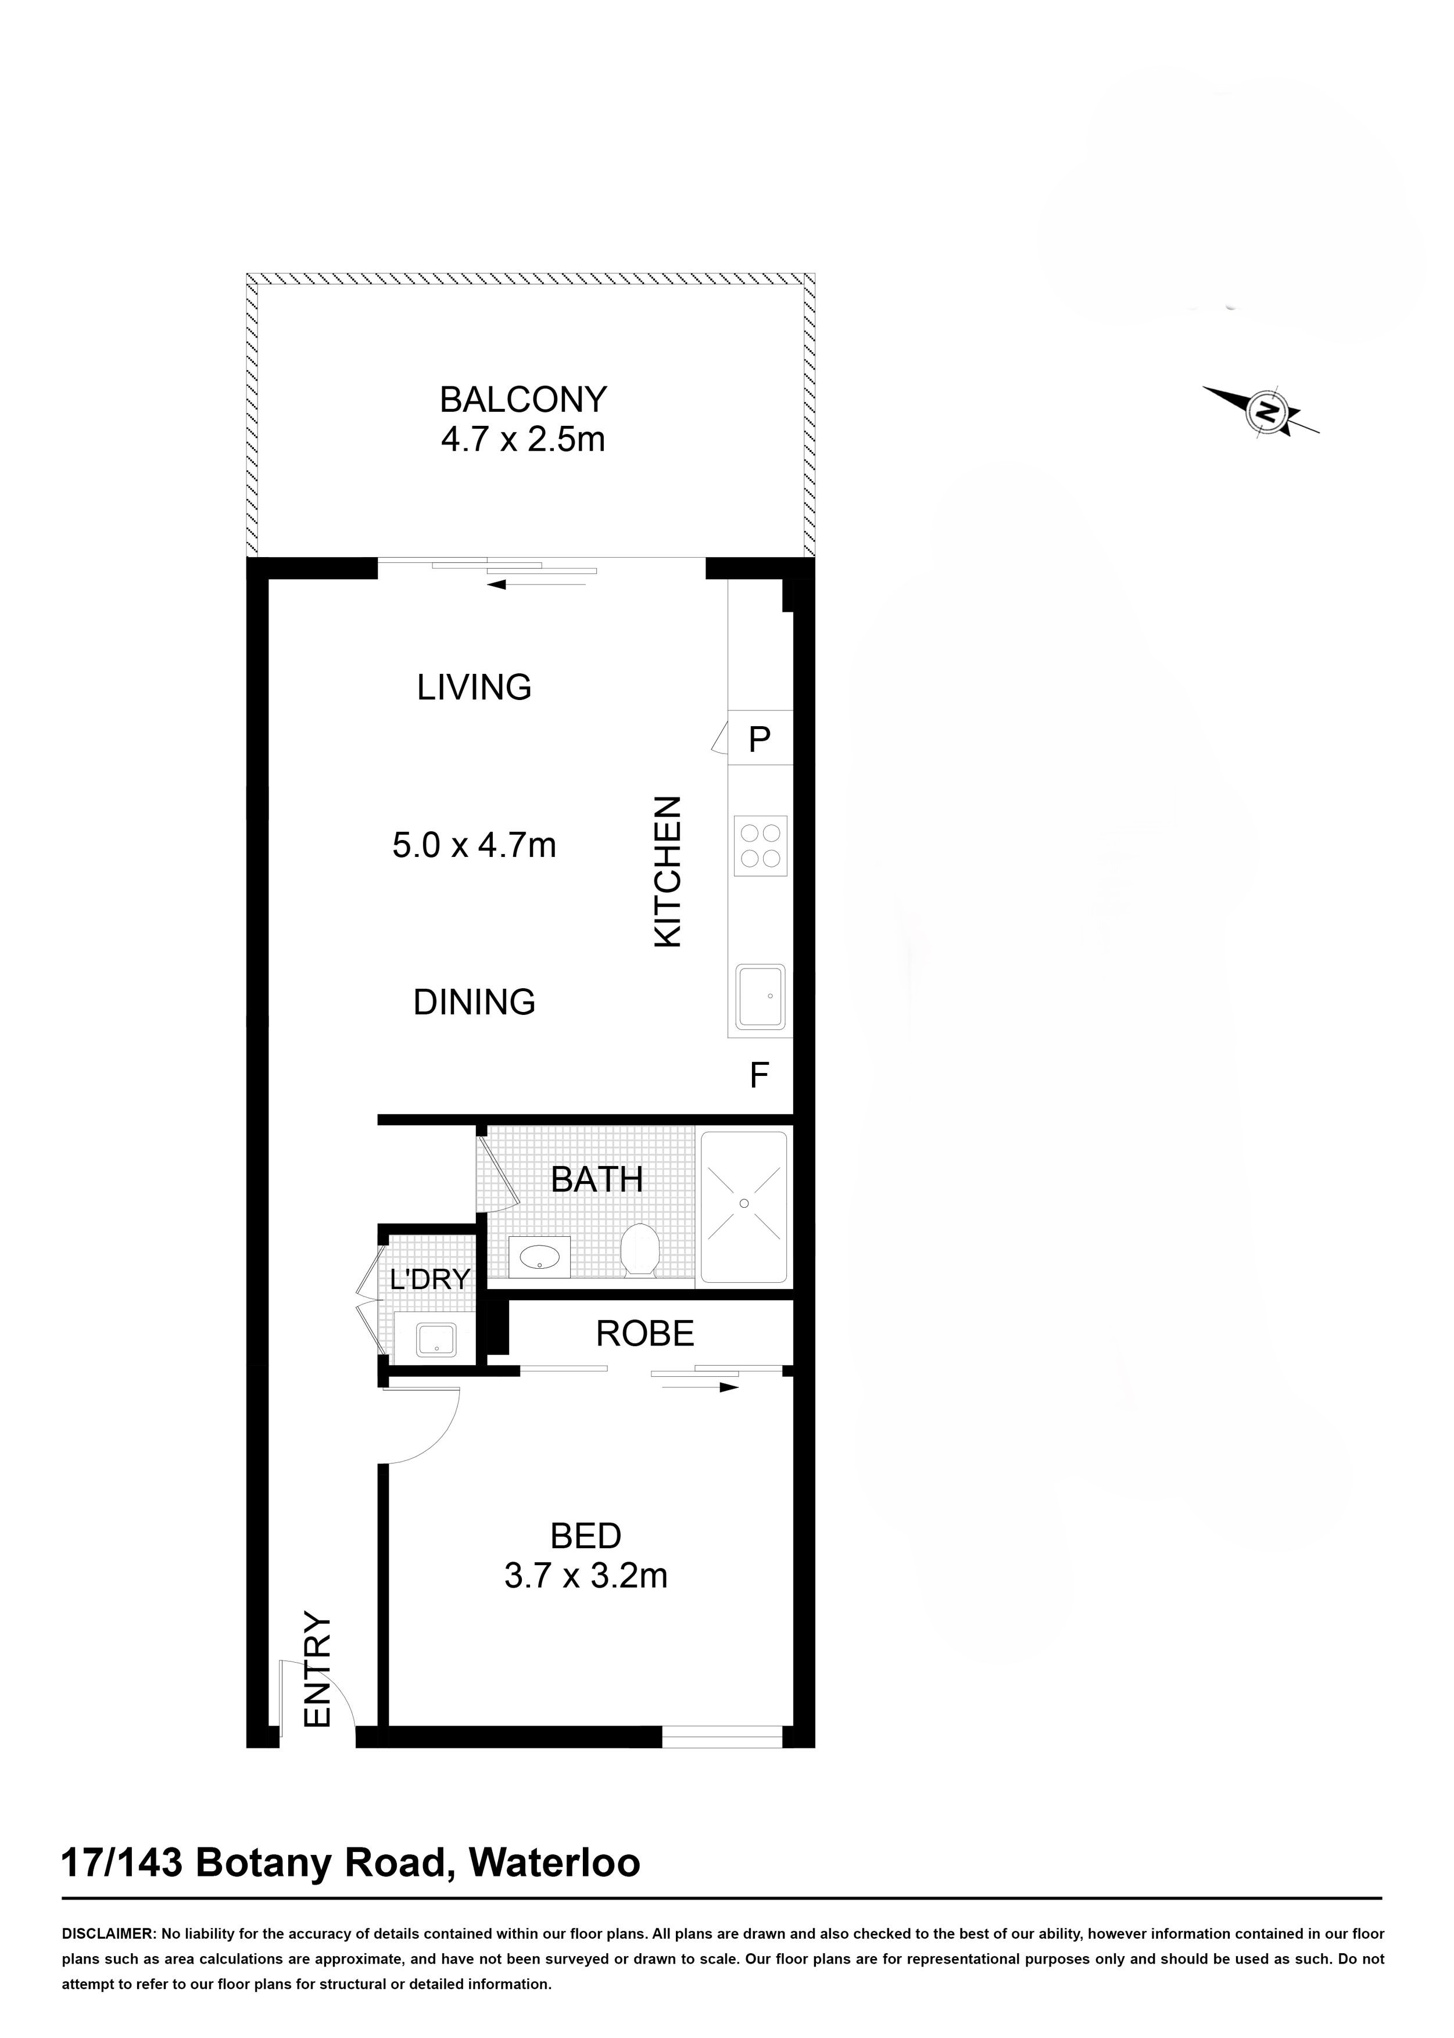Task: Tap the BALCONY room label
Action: click(523, 399)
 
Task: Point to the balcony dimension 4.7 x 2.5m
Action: click(523, 439)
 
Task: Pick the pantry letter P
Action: click(759, 740)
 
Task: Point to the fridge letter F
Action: click(759, 1075)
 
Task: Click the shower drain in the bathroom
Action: click(744, 1204)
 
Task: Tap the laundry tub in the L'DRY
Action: click(436, 1340)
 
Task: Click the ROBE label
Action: click(644, 1334)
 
